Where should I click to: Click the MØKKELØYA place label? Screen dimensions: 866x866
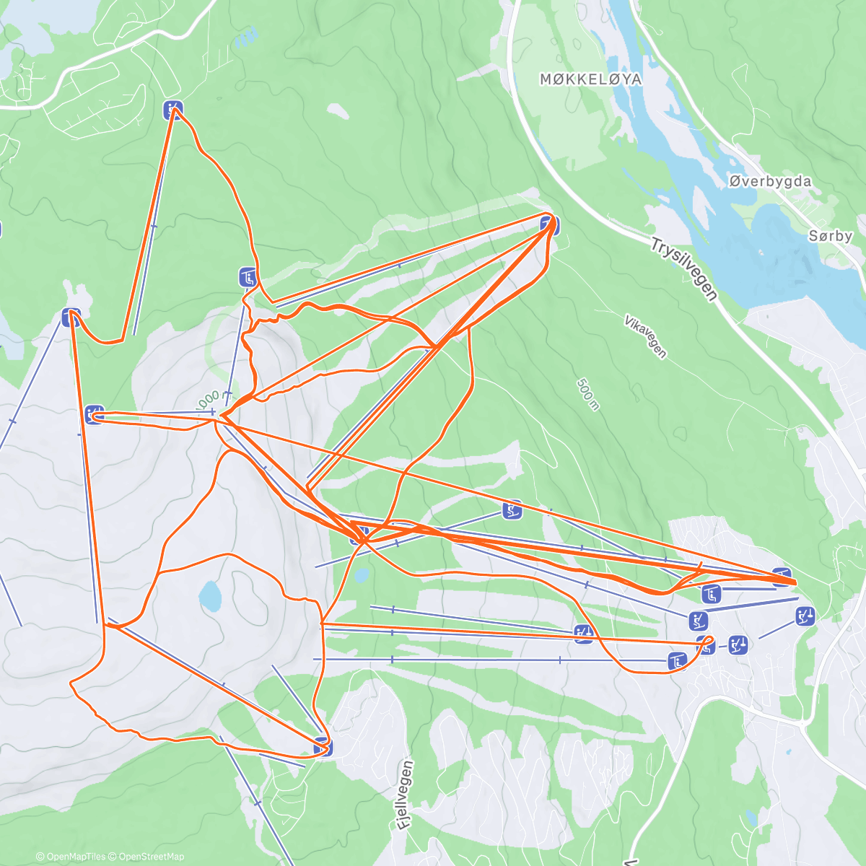(590, 79)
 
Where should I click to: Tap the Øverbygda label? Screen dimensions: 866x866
(769, 182)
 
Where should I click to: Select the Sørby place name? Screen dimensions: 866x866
(830, 236)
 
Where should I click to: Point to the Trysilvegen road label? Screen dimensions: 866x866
(683, 269)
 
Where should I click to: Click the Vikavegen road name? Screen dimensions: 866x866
(646, 336)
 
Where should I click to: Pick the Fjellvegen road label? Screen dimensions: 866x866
(406, 796)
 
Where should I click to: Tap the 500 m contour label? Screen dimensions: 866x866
(588, 394)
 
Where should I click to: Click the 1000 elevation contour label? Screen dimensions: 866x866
(208, 397)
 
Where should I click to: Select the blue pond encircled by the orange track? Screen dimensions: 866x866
(210, 595)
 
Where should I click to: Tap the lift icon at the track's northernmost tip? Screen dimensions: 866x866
(172, 110)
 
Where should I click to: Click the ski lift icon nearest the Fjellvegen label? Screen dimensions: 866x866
(323, 747)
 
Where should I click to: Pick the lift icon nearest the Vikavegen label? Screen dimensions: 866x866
(550, 224)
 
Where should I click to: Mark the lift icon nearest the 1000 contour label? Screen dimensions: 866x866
(248, 276)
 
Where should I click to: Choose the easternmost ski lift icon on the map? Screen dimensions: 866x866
(805, 616)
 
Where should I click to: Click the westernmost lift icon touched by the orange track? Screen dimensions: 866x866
(71, 317)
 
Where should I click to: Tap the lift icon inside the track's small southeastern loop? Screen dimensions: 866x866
(707, 646)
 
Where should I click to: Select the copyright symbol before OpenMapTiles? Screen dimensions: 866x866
(40, 857)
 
